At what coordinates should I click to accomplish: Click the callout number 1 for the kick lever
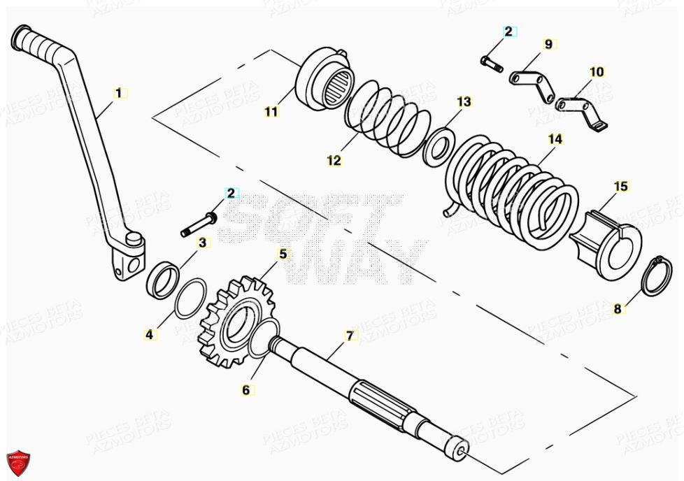pyautogui.click(x=118, y=92)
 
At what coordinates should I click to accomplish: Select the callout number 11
pyautogui.click(x=271, y=111)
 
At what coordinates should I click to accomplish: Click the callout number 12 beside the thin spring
pyautogui.click(x=334, y=160)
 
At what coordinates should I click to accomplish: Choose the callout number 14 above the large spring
pyautogui.click(x=555, y=139)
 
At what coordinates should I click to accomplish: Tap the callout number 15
pyautogui.click(x=621, y=187)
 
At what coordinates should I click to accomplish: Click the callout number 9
pyautogui.click(x=548, y=44)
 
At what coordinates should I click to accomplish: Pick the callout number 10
pyautogui.click(x=596, y=71)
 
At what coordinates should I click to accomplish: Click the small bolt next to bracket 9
pyautogui.click(x=492, y=64)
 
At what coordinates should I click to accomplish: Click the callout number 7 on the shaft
pyautogui.click(x=350, y=336)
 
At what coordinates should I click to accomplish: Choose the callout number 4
pyautogui.click(x=149, y=335)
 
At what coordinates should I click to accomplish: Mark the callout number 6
pyautogui.click(x=245, y=390)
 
